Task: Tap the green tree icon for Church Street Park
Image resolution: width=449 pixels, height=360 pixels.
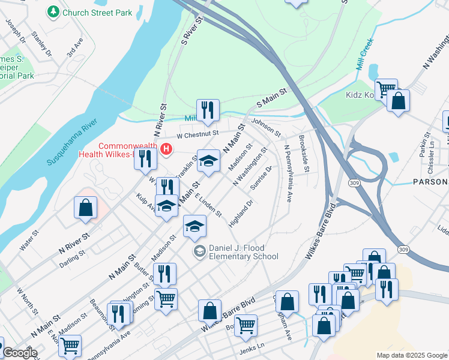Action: tap(54, 11)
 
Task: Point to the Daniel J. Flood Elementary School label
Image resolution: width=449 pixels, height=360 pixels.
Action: tap(243, 253)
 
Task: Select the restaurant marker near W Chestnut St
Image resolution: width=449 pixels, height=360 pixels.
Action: tap(208, 110)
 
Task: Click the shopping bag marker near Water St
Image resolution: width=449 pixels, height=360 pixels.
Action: tap(85, 208)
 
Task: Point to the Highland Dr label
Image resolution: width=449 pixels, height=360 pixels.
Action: tap(241, 214)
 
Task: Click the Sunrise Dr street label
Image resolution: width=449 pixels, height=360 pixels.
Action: tap(262, 177)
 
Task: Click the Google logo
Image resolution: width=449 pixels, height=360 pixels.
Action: tap(20, 353)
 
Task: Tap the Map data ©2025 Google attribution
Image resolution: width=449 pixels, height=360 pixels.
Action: tap(411, 355)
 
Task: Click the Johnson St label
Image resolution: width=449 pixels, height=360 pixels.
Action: tap(266, 127)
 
